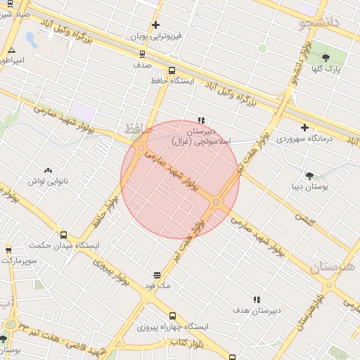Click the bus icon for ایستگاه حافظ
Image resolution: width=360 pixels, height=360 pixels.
tap(172, 70)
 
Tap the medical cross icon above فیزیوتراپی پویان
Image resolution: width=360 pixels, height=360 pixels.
tap(155, 25)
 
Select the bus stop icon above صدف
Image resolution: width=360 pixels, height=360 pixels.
tap(143, 53)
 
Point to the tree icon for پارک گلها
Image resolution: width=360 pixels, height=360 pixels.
tap(326, 58)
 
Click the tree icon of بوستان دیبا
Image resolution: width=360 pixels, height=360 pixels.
tap(309, 176)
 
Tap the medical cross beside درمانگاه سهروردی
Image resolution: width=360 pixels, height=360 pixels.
tap(304, 127)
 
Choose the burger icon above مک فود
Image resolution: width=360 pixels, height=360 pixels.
tap(157, 275)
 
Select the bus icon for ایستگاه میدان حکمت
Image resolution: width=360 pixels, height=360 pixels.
tap(64, 236)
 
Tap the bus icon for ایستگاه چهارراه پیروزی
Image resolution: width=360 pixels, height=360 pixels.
tap(173, 316)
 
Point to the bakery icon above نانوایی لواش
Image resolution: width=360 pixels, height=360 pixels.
tap(48, 170)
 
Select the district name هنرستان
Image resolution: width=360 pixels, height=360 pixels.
tap(333, 267)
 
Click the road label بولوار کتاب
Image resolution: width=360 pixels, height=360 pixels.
tap(186, 342)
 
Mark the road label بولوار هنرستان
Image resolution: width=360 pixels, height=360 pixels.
tap(314, 306)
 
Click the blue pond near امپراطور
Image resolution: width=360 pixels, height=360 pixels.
tap(31, 39)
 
